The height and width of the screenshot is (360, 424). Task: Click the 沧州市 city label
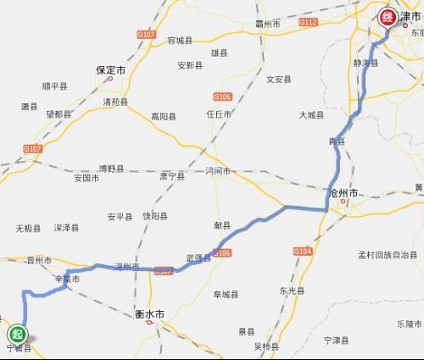click(x=346, y=194)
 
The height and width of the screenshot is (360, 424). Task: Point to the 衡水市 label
click(x=149, y=314)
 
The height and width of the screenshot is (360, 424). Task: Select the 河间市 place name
click(x=218, y=171)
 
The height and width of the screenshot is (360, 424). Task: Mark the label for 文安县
click(x=279, y=80)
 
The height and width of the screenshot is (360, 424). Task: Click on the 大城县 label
click(x=313, y=114)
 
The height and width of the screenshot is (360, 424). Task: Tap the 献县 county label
click(x=222, y=225)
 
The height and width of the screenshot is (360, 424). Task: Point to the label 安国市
click(x=86, y=179)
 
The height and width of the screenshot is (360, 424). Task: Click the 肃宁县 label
click(x=172, y=176)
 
